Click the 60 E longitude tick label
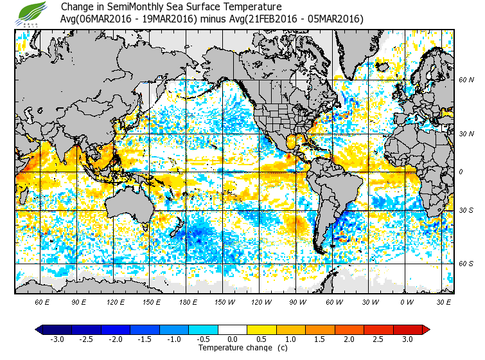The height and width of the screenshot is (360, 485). pos(42,301)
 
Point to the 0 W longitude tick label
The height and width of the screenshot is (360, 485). pos(407,301)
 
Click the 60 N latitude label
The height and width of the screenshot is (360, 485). pos(466,80)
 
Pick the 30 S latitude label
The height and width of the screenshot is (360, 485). pos(466,210)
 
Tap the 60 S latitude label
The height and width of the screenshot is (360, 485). pos(466,264)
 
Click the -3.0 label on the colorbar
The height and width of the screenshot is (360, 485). pos(57,339)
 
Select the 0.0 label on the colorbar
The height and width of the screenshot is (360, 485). pos(233,339)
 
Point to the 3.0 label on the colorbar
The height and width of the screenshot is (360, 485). pos(407,339)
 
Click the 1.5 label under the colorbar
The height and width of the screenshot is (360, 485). pos(320,339)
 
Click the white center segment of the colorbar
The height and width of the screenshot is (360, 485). pos(233,329)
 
